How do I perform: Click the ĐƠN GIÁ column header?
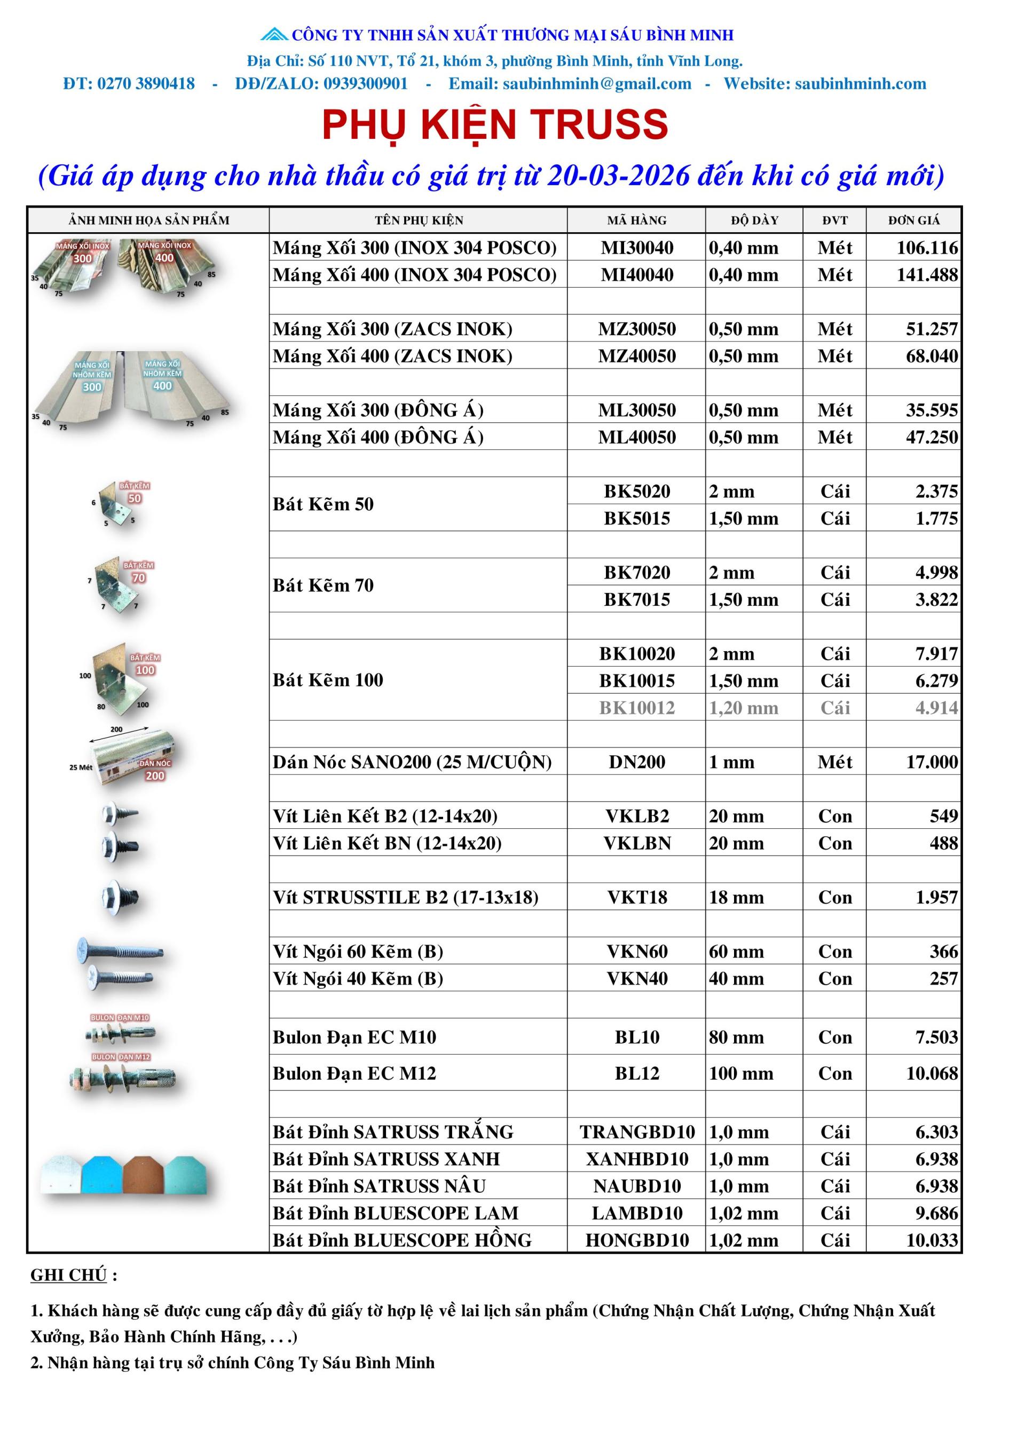913,220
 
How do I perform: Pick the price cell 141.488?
927,275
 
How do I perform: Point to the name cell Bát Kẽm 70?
323,585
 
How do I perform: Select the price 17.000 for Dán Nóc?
932,762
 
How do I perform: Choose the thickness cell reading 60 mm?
736,952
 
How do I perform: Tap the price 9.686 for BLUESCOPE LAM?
936,1214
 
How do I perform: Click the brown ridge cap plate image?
143,1175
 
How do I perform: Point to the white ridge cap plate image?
60,1175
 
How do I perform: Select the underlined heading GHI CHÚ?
68,1276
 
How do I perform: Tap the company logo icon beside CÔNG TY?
274,34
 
